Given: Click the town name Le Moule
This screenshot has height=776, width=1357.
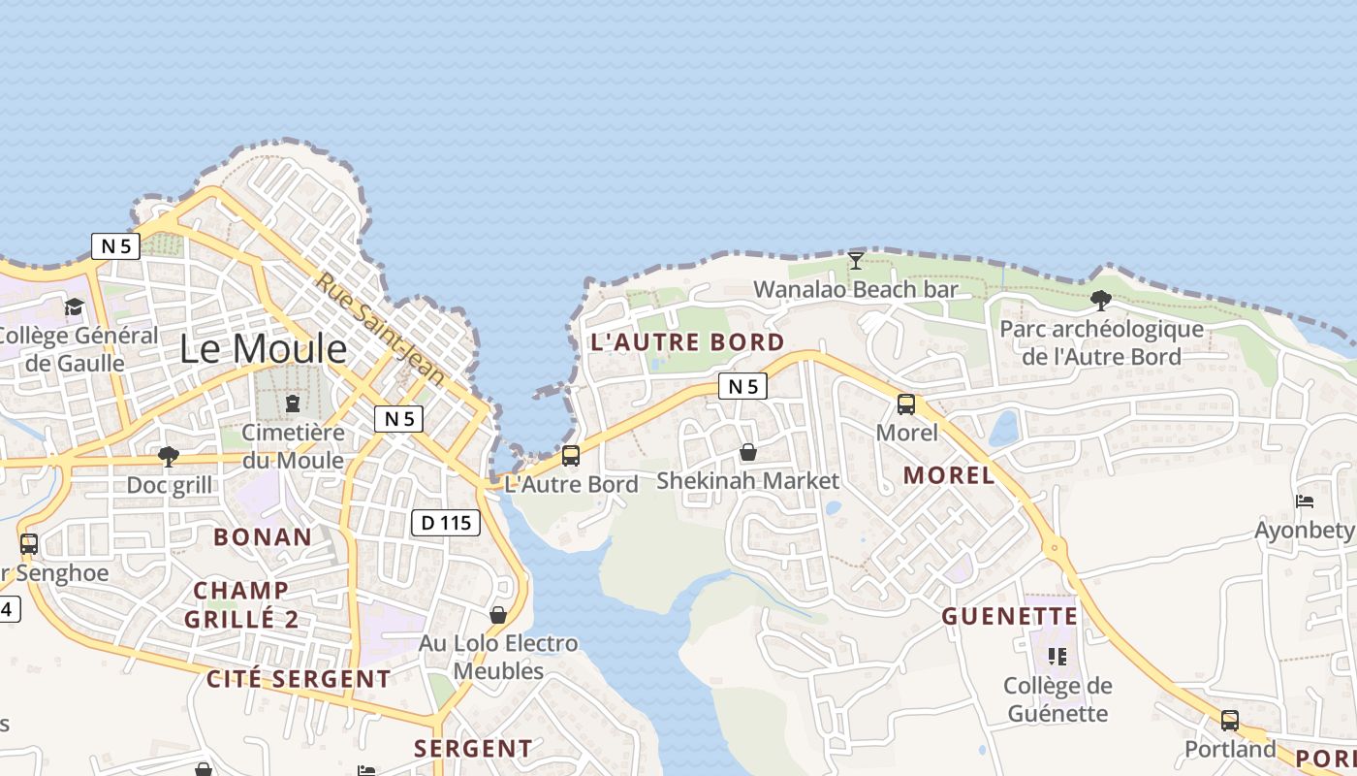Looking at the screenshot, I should [x=263, y=348].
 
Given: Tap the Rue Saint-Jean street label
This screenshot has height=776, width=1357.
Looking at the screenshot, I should [x=380, y=328].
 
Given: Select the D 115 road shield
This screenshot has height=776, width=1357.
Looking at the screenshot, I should [x=446, y=523].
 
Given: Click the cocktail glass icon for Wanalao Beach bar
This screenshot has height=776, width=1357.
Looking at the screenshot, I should [x=855, y=260].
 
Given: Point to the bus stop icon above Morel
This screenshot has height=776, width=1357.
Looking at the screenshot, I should [x=906, y=404].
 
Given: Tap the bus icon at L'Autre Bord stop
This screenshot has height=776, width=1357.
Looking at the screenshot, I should [x=571, y=455].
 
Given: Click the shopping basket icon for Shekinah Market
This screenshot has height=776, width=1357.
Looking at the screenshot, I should [x=747, y=452].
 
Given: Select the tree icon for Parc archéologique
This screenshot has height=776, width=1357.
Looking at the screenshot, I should [x=1100, y=300].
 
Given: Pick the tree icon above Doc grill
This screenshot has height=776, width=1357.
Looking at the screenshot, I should [x=169, y=456].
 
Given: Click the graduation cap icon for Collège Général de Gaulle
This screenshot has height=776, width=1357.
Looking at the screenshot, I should [x=74, y=307].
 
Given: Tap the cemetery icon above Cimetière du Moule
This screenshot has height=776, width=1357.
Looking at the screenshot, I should [x=293, y=403].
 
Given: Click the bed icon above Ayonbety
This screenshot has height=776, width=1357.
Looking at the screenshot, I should [x=1305, y=501].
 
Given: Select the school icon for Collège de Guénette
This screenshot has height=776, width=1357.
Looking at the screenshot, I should [x=1057, y=657].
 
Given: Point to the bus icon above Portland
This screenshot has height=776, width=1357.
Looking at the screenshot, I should [x=1229, y=721].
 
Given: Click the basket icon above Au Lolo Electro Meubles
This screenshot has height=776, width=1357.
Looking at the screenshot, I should [x=498, y=615].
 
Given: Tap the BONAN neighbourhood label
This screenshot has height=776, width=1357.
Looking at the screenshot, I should [x=263, y=537].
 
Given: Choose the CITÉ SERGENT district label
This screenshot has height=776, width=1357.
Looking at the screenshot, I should [x=299, y=679].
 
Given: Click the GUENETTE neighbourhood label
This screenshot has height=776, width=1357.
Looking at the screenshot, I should [x=1010, y=617].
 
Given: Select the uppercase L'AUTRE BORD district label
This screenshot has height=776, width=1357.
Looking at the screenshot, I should [x=687, y=342].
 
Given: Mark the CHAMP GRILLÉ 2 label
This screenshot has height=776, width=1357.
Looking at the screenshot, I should [x=241, y=604].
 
